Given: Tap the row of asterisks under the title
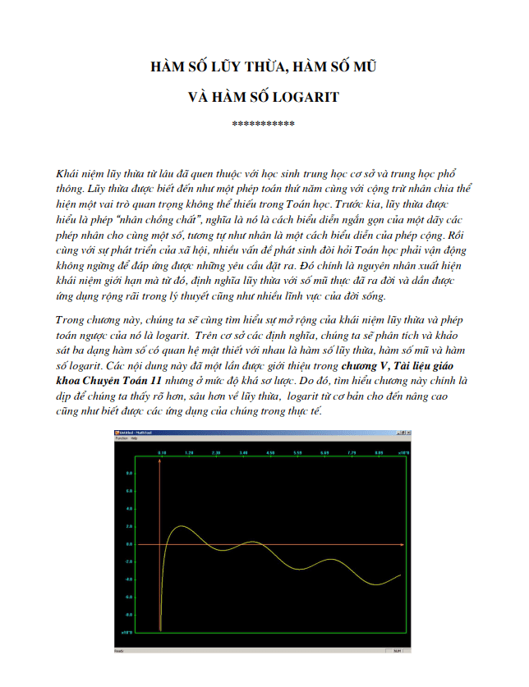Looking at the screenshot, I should (264, 124).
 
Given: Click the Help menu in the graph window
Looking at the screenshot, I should (135, 438).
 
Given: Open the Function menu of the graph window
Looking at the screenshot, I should (122, 438).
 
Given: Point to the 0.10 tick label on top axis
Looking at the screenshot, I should (162, 452).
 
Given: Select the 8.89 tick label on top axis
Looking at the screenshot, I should (378, 452).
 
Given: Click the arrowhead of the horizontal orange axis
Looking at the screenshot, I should (402, 543).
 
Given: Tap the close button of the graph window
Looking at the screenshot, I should (406, 432).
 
